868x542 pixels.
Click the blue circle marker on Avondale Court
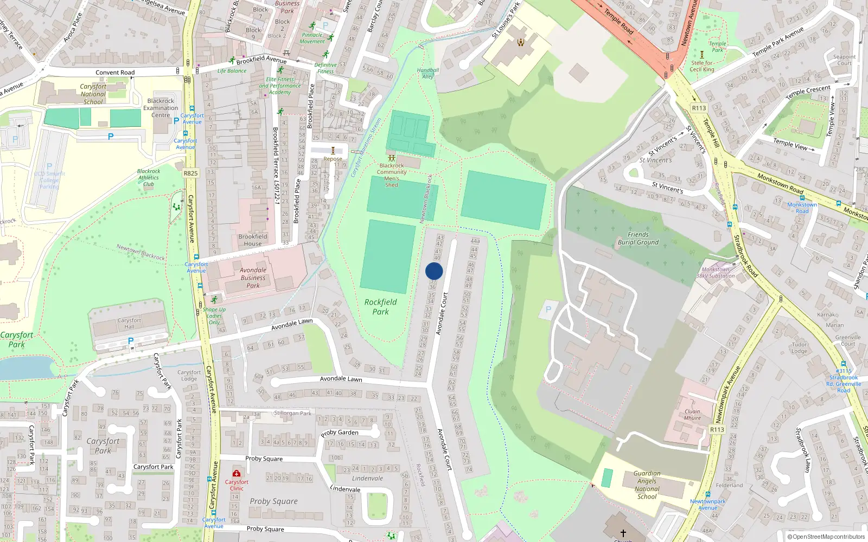click(x=434, y=271)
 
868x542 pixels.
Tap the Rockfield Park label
click(x=380, y=307)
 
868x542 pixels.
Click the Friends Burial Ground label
click(x=638, y=238)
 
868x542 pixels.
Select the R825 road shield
click(x=190, y=173)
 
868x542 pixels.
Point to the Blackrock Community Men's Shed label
click(x=392, y=175)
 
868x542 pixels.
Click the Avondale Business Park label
click(x=253, y=278)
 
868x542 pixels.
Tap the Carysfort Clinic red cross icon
click(x=236, y=473)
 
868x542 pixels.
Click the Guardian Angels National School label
click(x=647, y=485)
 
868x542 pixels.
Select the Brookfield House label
click(x=253, y=240)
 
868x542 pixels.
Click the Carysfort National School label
click(x=93, y=94)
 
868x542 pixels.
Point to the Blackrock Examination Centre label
click(x=161, y=108)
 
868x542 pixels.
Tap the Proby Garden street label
click(x=340, y=433)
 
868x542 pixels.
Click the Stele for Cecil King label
click(x=702, y=66)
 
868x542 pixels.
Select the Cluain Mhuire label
click(x=692, y=415)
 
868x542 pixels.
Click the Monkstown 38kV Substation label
click(x=716, y=273)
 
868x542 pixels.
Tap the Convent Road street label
click(x=115, y=72)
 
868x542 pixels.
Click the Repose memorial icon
click(x=333, y=151)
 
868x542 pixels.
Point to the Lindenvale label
click(x=367, y=478)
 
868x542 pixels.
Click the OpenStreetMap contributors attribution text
click(x=826, y=537)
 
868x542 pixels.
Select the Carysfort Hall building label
click(x=129, y=324)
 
